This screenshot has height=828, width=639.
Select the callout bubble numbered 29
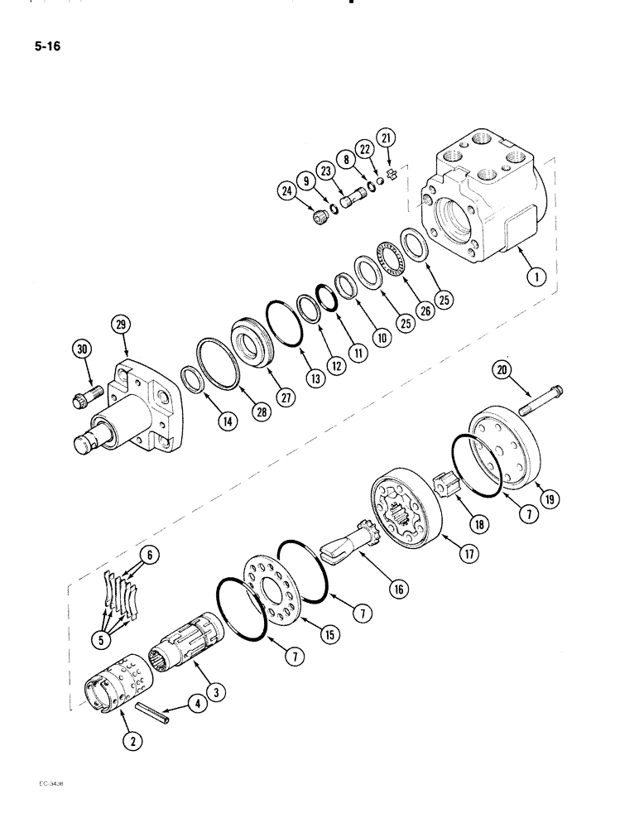tap(123, 327)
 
